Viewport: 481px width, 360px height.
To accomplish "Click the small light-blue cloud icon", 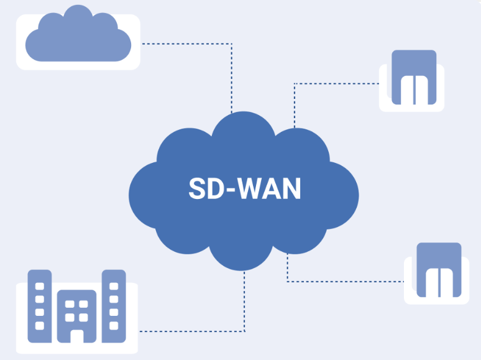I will coord(78,39).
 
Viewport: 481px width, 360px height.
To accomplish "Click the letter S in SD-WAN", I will coord(197,189).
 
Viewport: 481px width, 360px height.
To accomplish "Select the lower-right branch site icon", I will coord(438,270).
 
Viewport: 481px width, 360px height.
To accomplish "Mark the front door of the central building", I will coord(76,336).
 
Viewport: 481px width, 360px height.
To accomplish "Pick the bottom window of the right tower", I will coord(114,325).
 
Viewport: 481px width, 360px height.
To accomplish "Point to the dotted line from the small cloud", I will coord(186,44).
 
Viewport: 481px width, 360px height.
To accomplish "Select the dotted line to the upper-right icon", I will coord(336,83).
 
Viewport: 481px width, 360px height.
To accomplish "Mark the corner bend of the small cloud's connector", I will coord(232,44).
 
